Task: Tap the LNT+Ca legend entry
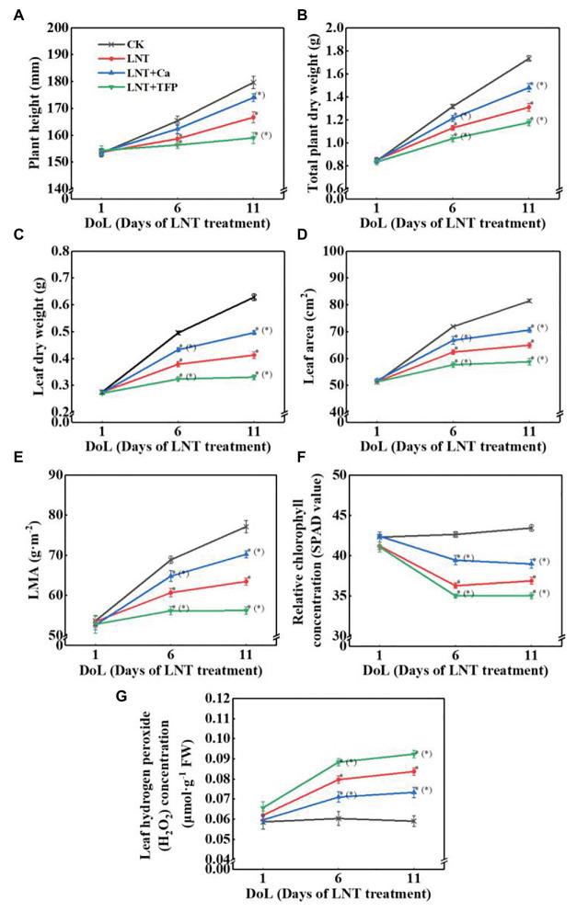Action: click(x=137, y=72)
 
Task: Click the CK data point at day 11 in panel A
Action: click(x=253, y=83)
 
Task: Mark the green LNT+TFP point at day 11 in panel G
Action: click(x=414, y=754)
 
